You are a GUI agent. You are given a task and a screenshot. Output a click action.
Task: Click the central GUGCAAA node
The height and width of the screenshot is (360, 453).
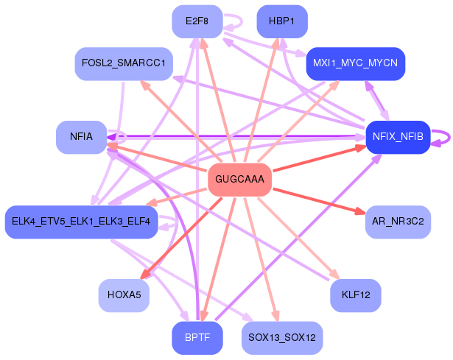(240, 180)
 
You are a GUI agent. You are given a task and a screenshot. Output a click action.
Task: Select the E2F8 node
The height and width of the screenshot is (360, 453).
(197, 21)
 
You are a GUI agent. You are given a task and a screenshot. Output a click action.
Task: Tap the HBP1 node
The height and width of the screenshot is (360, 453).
(281, 21)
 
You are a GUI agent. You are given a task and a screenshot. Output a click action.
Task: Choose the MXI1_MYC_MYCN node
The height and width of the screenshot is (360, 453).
(355, 64)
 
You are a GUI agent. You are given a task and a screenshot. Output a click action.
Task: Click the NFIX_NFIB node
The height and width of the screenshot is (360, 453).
(398, 137)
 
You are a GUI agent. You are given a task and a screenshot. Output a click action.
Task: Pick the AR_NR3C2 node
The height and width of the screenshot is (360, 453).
(398, 222)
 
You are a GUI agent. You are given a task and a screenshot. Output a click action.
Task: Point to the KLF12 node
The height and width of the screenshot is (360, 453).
(355, 295)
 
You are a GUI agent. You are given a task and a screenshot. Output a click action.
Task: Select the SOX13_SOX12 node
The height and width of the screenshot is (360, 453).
(281, 338)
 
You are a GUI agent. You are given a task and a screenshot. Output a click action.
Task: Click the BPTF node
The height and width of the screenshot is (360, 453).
(197, 338)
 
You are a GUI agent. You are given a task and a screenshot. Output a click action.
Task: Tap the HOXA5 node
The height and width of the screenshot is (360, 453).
(124, 295)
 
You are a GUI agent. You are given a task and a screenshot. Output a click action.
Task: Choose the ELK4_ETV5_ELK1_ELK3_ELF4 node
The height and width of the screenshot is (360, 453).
(81, 222)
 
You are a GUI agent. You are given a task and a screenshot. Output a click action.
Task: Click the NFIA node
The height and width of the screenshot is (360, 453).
(81, 137)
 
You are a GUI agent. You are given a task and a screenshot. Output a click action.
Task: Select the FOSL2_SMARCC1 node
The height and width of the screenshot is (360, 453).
(124, 64)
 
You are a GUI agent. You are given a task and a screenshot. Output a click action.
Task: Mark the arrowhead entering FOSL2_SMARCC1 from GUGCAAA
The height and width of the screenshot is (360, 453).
(144, 85)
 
